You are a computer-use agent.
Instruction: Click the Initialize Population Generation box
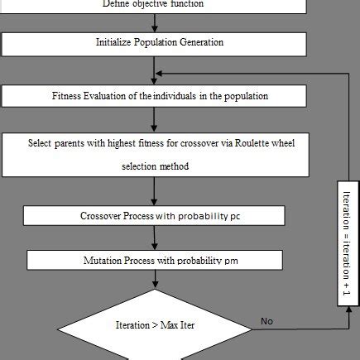155,42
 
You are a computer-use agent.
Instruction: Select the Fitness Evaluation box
155,96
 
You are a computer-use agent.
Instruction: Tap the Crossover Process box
155,215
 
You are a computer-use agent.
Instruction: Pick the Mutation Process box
155,260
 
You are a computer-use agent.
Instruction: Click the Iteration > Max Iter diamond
155,325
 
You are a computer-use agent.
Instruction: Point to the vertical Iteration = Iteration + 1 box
346,246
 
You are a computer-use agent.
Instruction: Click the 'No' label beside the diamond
266,320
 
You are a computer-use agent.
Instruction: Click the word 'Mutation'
103,260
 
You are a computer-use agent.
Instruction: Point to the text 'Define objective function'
153,4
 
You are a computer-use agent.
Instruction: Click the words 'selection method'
155,167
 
